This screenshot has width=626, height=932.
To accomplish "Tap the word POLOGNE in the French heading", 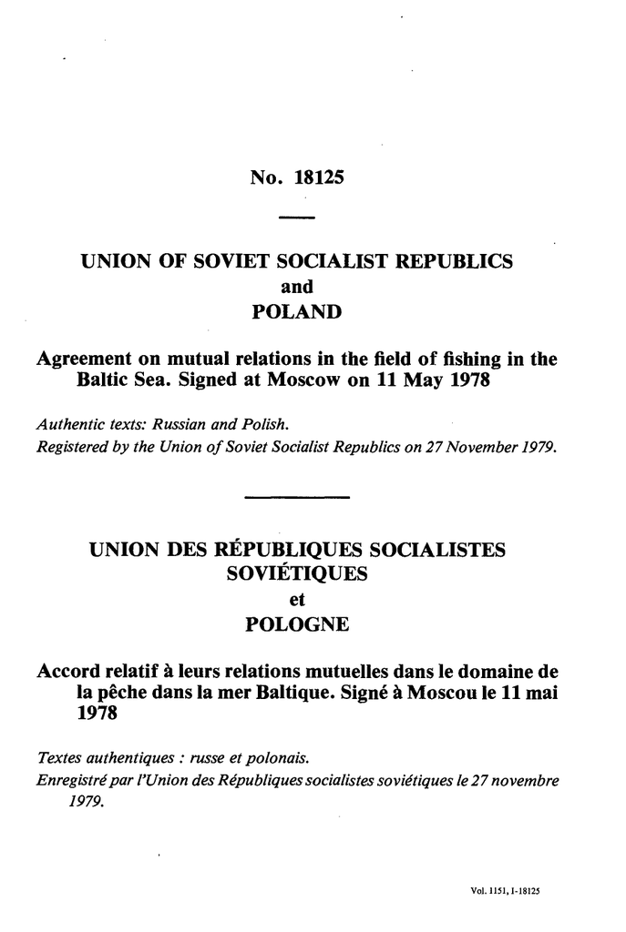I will (296, 626).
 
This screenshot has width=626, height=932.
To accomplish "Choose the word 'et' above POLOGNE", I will (295, 601).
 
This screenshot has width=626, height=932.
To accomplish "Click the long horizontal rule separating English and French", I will (297, 497).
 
